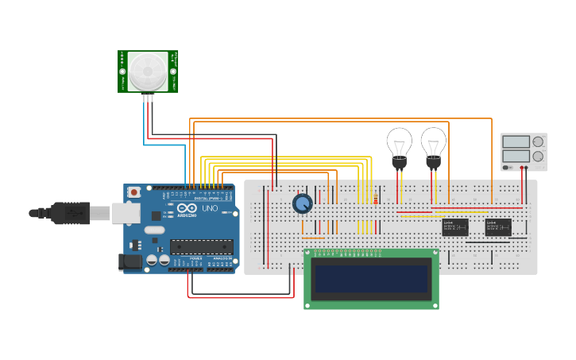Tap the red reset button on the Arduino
point(134,192)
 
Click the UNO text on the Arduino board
point(210,208)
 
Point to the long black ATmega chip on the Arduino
point(201,247)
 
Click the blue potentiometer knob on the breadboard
point(302,203)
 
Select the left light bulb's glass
point(399,143)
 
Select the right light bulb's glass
point(433,143)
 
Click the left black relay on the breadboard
point(454,227)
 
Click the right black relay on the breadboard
point(498,227)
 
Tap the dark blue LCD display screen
point(371,279)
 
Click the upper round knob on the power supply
point(538,141)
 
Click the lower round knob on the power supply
point(538,157)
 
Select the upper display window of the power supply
point(516,141)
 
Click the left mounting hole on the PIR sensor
point(123,72)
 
